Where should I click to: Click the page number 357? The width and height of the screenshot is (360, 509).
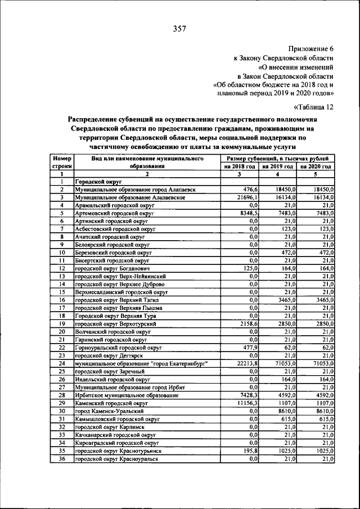pyautogui.click(x=180, y=28)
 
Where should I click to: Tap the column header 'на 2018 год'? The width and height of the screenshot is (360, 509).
pyautogui.click(x=239, y=167)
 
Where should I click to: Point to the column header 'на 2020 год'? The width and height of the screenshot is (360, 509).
pyautogui.click(x=317, y=167)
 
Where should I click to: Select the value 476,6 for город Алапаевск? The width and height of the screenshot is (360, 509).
pyautogui.click(x=250, y=190)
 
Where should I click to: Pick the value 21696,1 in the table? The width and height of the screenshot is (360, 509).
pyautogui.click(x=247, y=198)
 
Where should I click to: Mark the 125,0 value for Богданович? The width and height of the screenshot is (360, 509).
pyautogui.click(x=250, y=269)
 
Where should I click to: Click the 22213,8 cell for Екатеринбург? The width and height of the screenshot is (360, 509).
pyautogui.click(x=247, y=364)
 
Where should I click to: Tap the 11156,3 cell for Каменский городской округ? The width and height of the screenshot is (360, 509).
pyautogui.click(x=247, y=404)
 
